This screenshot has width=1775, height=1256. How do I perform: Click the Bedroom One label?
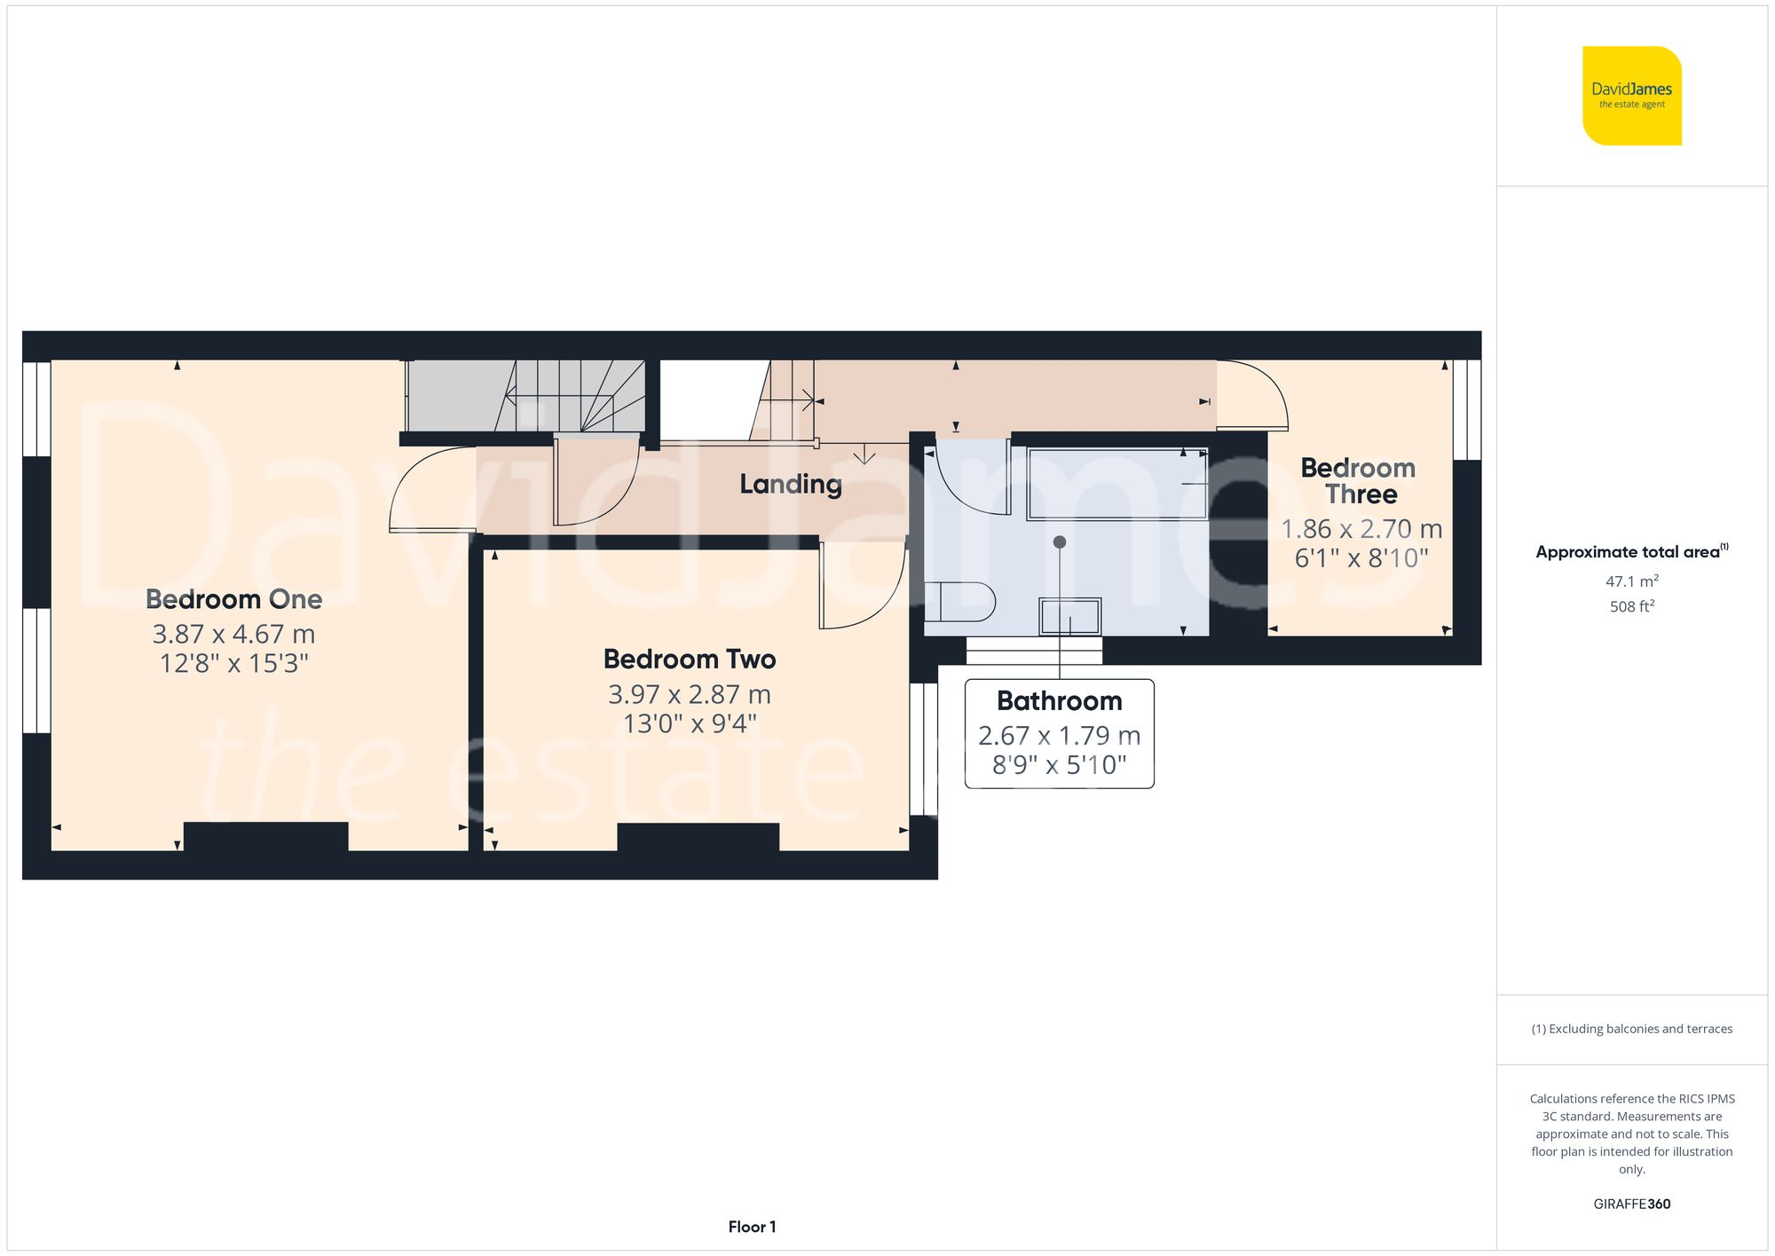point(233,599)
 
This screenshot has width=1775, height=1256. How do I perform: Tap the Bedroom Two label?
point(690,660)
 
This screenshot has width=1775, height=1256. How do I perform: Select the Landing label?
point(790,484)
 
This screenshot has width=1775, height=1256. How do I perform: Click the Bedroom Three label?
point(1359,481)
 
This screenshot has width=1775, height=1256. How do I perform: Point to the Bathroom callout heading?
point(1059,701)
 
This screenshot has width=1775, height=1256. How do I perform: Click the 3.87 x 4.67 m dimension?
point(233,634)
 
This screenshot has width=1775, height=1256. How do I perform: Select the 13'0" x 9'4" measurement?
point(690,724)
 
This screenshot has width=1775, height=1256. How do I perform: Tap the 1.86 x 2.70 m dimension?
point(1361,529)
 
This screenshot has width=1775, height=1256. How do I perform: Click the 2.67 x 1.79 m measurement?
point(1059,736)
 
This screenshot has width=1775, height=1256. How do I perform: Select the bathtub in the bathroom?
point(1116,484)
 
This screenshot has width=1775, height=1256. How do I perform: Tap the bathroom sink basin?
point(1069,616)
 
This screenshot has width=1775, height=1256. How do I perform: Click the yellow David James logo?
point(1631,96)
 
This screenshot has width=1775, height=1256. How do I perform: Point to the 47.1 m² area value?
point(1631,581)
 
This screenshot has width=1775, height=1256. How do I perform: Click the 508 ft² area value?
point(1631,607)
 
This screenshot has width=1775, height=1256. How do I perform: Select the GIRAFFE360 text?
point(1631,1205)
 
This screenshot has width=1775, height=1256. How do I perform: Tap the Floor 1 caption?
point(752,1227)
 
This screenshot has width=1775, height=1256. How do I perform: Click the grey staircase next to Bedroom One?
point(524,396)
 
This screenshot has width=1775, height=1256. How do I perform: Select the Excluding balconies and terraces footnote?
point(1631,1029)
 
